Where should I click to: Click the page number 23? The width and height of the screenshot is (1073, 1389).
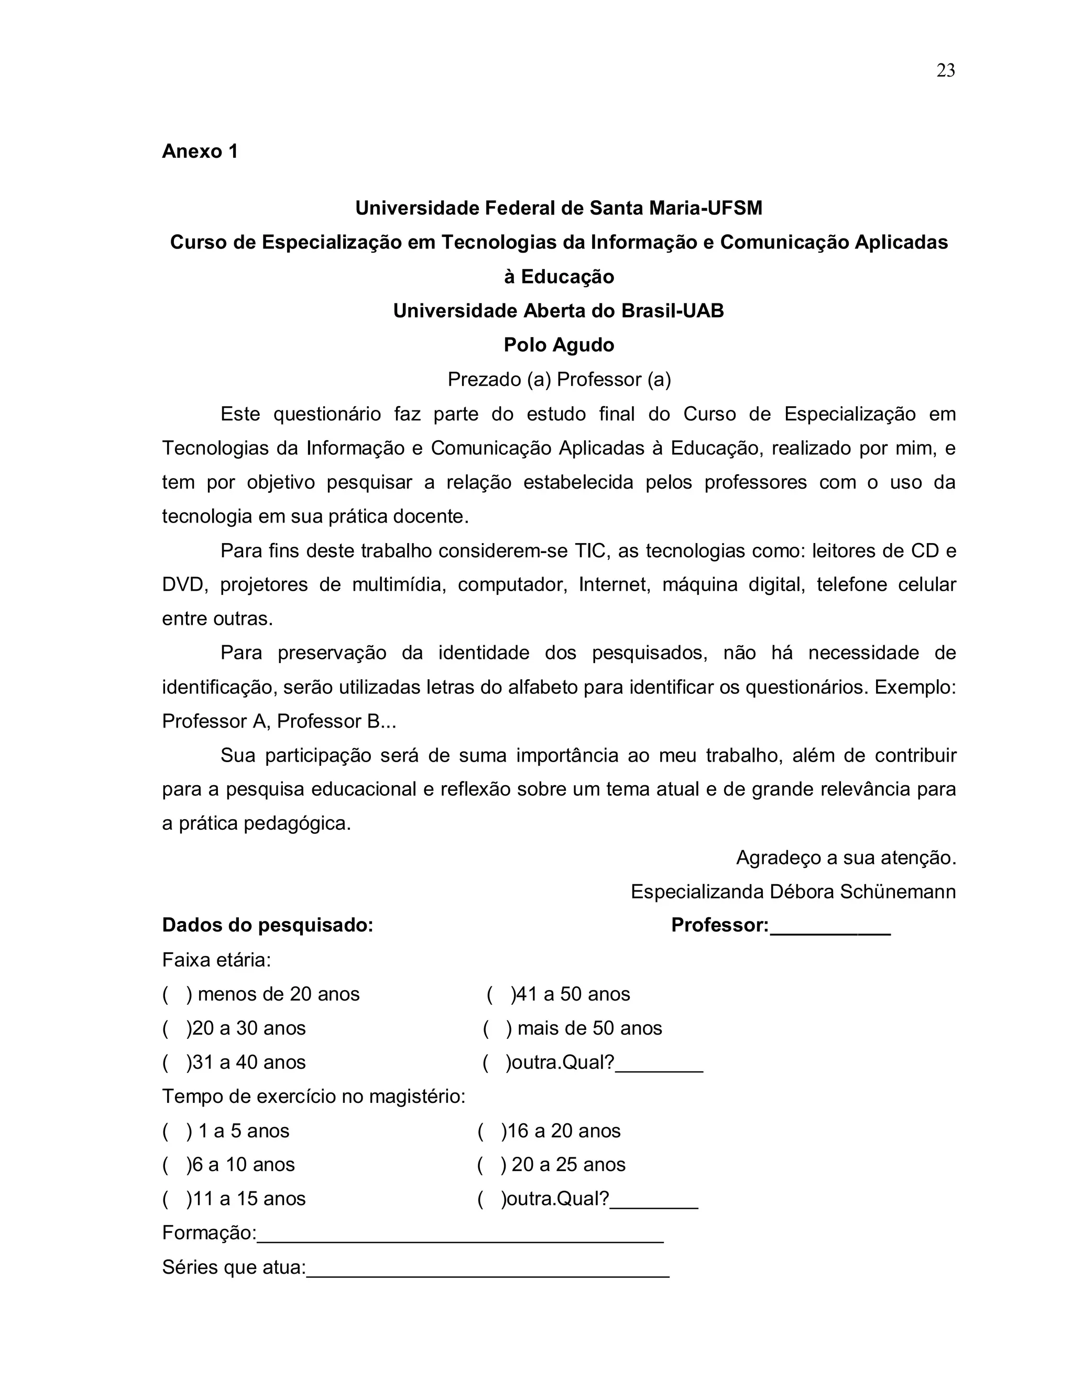click(945, 71)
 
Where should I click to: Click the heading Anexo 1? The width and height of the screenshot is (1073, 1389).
click(200, 151)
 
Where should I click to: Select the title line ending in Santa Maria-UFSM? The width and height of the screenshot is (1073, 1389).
click(558, 208)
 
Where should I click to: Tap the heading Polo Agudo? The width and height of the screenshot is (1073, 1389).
click(558, 345)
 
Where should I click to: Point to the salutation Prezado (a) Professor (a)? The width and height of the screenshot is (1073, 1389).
click(558, 379)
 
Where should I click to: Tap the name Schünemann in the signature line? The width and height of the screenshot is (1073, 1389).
click(897, 892)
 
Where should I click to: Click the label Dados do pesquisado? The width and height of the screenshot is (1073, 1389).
click(268, 925)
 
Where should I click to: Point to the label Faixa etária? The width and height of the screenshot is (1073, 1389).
click(216, 960)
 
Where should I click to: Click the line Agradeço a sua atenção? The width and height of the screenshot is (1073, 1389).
click(846, 858)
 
